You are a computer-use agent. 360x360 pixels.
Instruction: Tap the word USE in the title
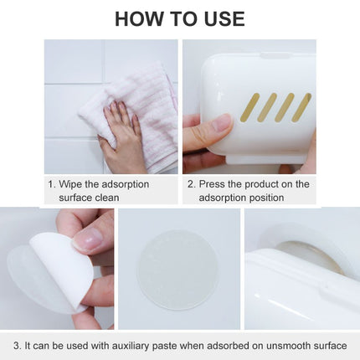point(221,18)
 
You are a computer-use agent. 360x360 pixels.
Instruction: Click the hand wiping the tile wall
point(124,134)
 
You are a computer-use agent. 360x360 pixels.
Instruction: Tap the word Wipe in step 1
point(72,184)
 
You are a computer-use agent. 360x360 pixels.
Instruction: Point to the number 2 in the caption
point(189,184)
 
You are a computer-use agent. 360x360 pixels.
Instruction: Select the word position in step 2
point(265,198)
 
